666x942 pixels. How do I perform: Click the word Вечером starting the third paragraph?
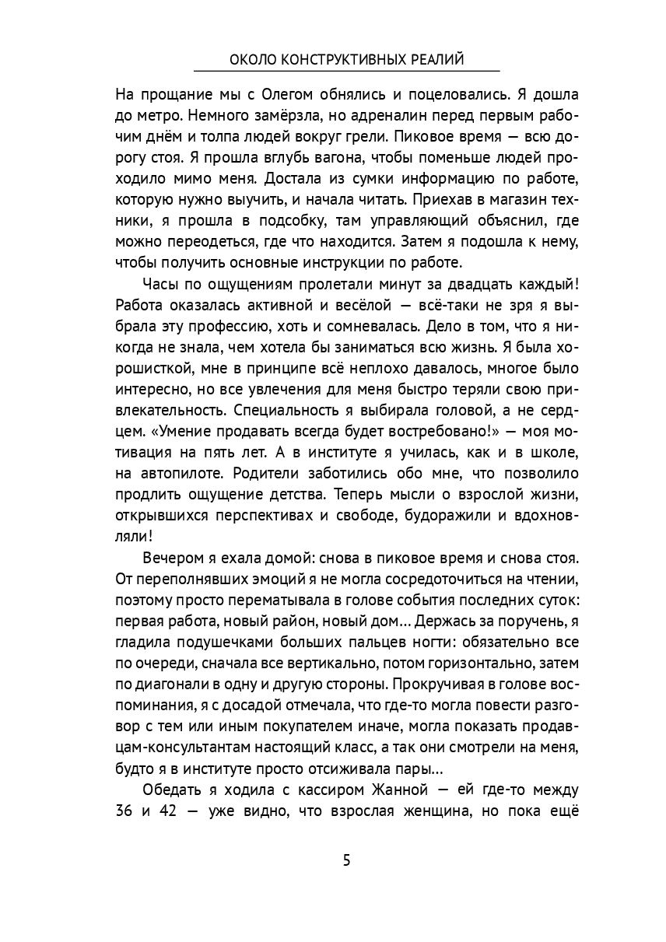pyautogui.click(x=172, y=558)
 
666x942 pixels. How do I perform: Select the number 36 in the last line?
pyautogui.click(x=126, y=811)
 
